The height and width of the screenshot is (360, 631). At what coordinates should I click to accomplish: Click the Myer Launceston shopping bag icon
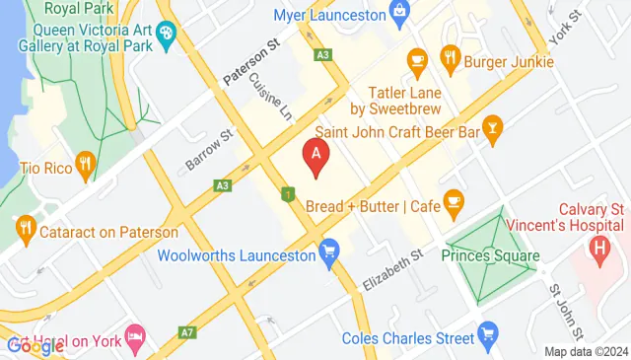[399, 13]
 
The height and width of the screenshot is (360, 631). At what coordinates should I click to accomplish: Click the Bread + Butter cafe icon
[454, 205]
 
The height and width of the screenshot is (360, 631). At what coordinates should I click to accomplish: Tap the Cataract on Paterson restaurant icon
[27, 233]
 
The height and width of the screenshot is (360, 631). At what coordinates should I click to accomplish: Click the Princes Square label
[490, 256]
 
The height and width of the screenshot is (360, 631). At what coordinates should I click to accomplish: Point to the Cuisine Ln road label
[271, 97]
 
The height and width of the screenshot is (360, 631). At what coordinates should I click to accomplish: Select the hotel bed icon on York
[135, 338]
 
